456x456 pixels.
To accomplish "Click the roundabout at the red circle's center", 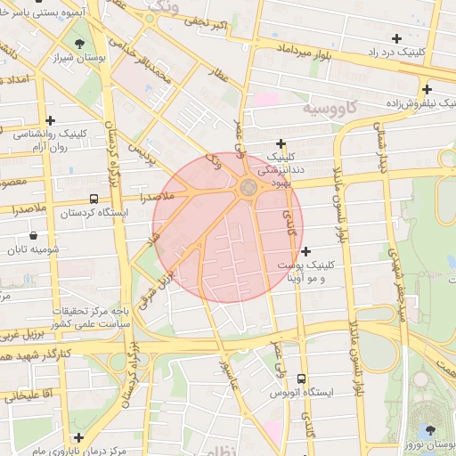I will [x=248, y=187].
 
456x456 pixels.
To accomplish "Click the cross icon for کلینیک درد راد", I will [x=396, y=38].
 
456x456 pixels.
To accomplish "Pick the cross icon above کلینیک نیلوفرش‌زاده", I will [x=427, y=89].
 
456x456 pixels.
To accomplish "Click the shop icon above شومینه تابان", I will [x=34, y=236].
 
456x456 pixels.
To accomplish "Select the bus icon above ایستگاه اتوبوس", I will [x=302, y=379].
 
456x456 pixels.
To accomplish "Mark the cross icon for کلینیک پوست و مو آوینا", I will [x=306, y=251].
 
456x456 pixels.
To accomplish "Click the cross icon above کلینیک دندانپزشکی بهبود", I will [x=281, y=142].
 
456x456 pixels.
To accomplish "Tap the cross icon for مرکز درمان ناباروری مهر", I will [x=79, y=437].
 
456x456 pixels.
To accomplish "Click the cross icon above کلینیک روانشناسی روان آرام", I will [x=51, y=120].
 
